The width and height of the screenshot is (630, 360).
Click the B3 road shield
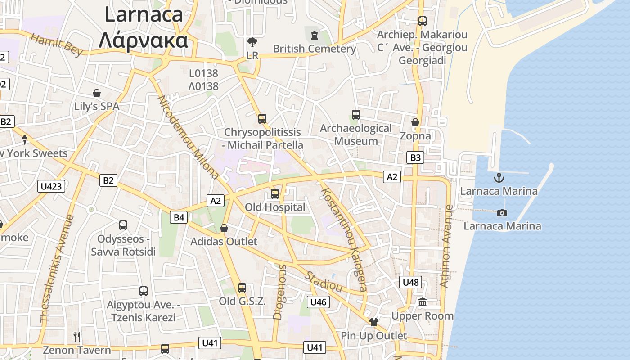(415, 157)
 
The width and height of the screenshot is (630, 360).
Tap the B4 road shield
(179, 218)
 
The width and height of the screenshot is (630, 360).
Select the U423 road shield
(52, 186)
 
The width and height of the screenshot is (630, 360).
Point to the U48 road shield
(410, 282)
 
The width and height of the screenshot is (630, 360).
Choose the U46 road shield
(318, 301)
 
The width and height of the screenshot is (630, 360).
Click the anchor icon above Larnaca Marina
(499, 178)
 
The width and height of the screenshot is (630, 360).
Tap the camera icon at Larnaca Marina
(502, 213)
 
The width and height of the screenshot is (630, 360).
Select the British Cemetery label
(315, 49)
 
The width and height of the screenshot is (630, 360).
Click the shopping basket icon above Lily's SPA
(97, 93)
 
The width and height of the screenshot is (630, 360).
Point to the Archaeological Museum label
(356, 135)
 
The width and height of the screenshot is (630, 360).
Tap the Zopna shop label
(415, 136)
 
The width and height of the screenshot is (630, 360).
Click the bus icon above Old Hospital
(274, 194)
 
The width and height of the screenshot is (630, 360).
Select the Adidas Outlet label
(224, 242)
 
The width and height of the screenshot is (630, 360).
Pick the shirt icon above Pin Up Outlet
(373, 322)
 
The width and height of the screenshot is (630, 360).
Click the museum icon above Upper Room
(423, 302)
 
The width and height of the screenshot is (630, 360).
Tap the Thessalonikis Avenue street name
(58, 269)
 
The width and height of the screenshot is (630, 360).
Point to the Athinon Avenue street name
(446, 246)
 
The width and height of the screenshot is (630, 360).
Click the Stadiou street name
(324, 281)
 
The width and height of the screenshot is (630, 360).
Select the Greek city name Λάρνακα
(143, 40)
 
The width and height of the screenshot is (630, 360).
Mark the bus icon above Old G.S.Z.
(242, 288)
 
